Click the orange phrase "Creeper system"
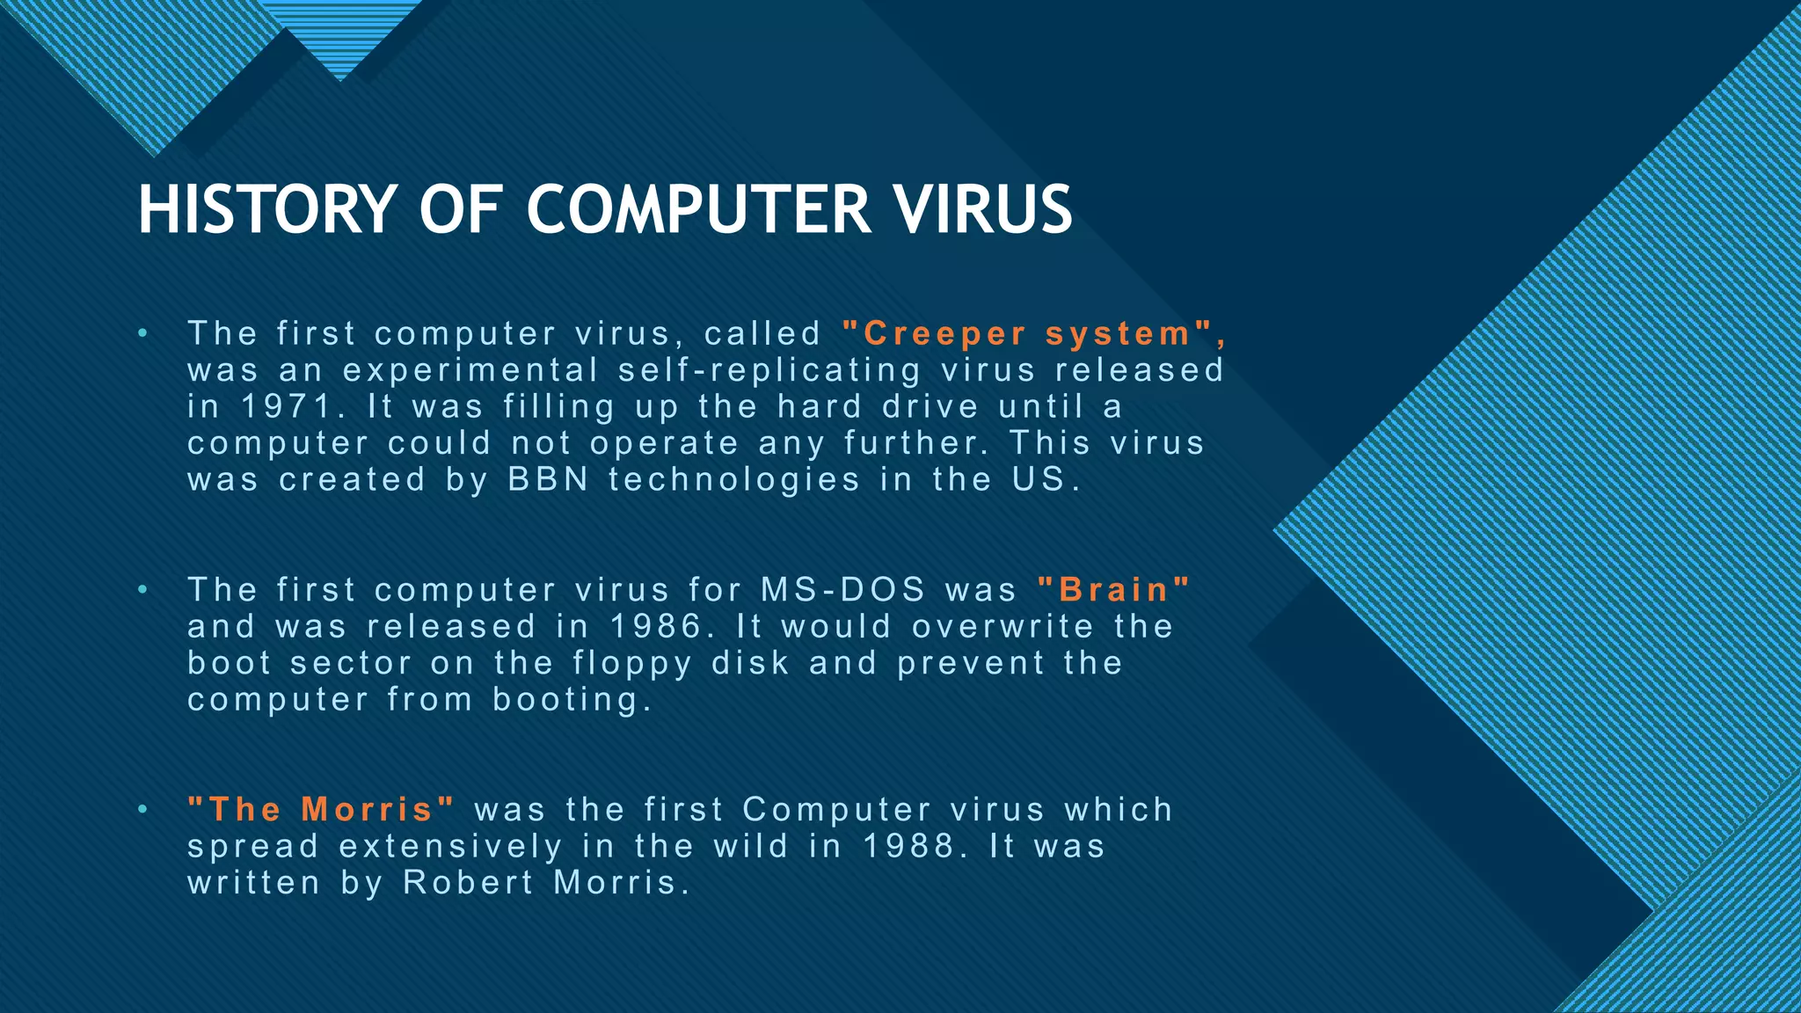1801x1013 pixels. (1033, 334)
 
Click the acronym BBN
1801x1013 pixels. (548, 480)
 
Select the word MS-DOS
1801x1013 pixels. (843, 590)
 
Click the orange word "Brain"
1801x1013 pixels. (1113, 590)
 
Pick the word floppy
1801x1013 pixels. (632, 664)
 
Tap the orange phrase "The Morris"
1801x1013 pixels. (321, 810)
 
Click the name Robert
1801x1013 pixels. (468, 883)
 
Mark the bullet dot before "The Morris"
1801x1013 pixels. (142, 810)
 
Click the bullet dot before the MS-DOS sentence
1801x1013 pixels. (142, 590)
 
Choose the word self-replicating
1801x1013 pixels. (769, 371)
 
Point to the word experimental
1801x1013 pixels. (470, 371)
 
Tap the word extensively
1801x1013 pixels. (450, 847)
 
